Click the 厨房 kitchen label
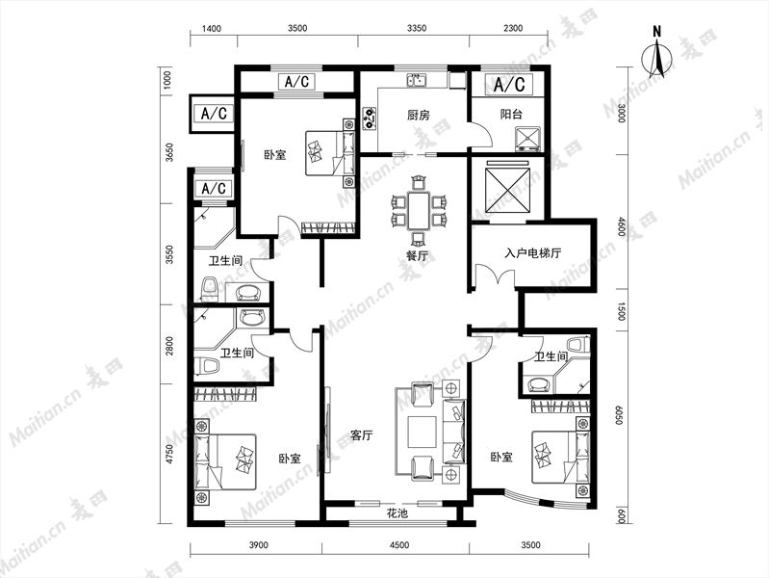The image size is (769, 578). (x=416, y=115)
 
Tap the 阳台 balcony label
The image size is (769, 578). (x=511, y=115)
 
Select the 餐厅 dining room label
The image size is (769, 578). (x=416, y=257)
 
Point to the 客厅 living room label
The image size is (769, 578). (x=361, y=436)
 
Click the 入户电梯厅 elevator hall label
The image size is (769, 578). (x=532, y=254)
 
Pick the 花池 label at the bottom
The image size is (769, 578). (x=397, y=514)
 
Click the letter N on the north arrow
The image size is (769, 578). (x=658, y=30)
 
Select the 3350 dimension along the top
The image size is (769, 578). (x=416, y=29)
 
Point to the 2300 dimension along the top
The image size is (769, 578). (x=511, y=29)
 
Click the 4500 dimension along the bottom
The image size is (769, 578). (x=398, y=545)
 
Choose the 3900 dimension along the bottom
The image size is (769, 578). (x=257, y=545)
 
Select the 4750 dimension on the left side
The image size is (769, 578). (x=169, y=454)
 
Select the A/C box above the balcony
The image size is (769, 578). (x=511, y=85)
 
